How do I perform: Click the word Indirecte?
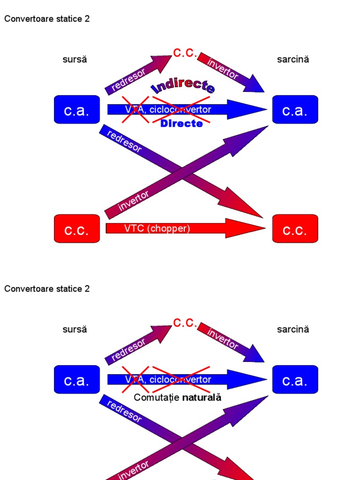click(183, 87)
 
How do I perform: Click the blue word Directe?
click(181, 123)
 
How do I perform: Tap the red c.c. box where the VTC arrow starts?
click(77, 229)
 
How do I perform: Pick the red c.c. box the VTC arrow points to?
click(295, 229)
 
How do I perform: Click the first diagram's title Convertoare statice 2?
click(47, 19)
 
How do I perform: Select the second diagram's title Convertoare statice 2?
click(47, 289)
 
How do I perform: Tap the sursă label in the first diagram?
click(75, 60)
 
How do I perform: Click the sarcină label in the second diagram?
click(293, 329)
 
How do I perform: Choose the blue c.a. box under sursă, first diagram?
click(77, 110)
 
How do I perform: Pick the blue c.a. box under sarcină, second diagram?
click(295, 380)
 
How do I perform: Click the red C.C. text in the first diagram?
click(185, 52)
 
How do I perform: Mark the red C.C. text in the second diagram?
click(185, 323)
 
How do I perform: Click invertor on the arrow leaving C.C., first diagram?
click(223, 68)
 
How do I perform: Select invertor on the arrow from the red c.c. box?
click(134, 200)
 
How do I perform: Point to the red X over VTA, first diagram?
click(135, 110)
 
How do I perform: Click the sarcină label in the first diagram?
click(293, 60)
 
